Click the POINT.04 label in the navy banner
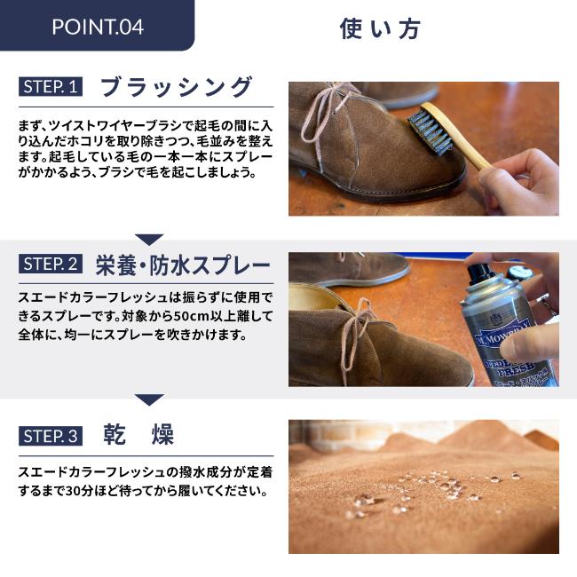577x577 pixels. pyautogui.click(x=98, y=27)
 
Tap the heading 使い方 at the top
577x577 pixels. pyautogui.click(x=380, y=28)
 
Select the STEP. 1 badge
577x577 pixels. pyautogui.click(x=51, y=87)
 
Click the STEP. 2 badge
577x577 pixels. pyautogui.click(x=51, y=264)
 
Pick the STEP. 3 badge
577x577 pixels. pyautogui.click(x=51, y=436)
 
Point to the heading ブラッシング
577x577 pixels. pyautogui.click(x=177, y=87)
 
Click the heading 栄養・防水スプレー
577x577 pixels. pyautogui.click(x=183, y=265)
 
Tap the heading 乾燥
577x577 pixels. pyautogui.click(x=138, y=435)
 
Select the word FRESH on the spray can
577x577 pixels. pyautogui.click(x=515, y=370)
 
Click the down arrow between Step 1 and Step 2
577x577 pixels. pyautogui.click(x=149, y=240)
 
